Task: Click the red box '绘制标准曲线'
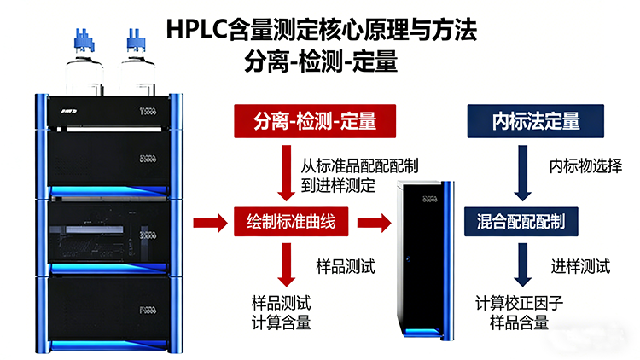pyautogui.click(x=291, y=224)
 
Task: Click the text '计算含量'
pyautogui.click(x=281, y=322)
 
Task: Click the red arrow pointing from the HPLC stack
pyautogui.click(x=210, y=224)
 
